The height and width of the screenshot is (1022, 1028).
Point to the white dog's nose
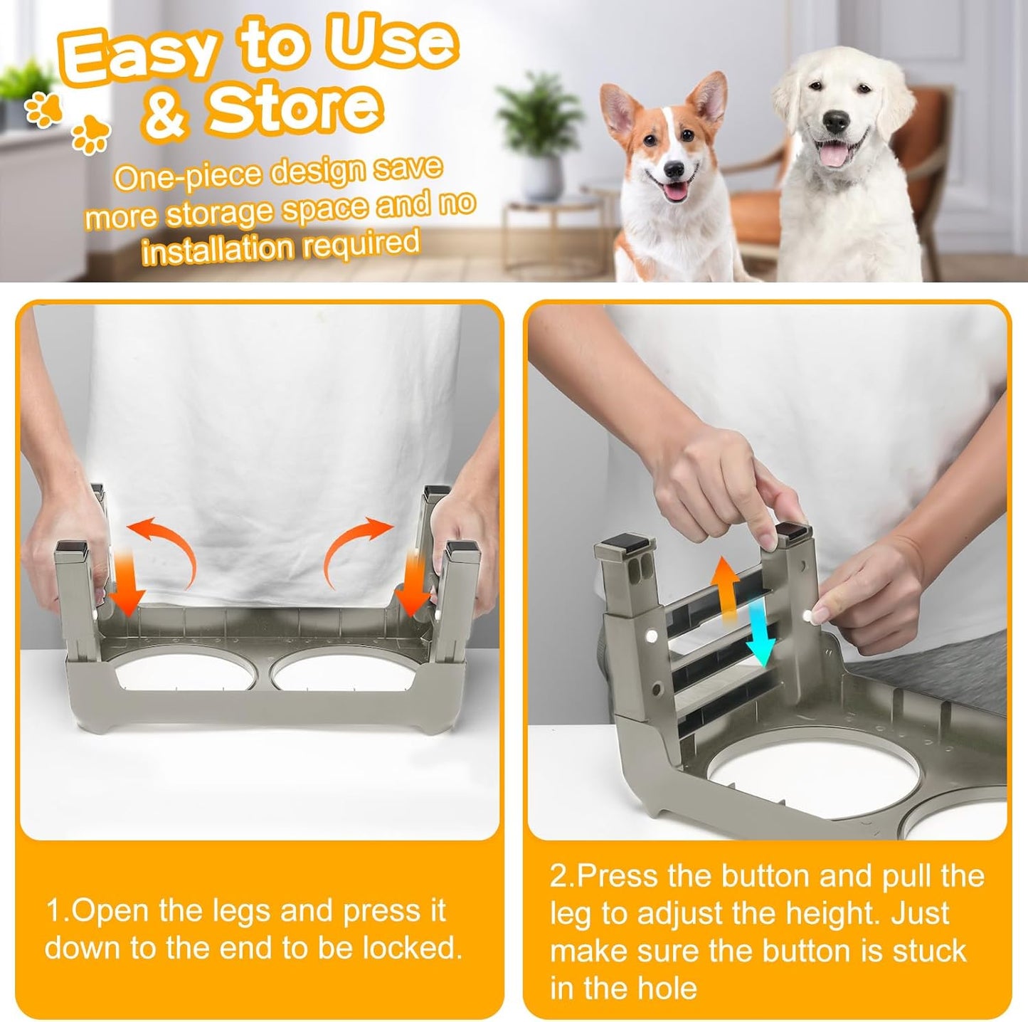tap(836, 122)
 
